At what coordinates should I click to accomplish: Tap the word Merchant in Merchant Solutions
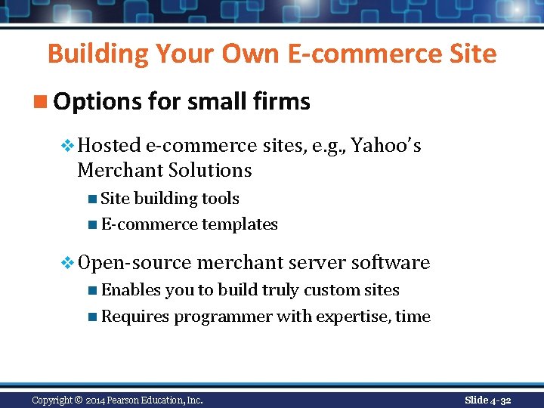121,170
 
